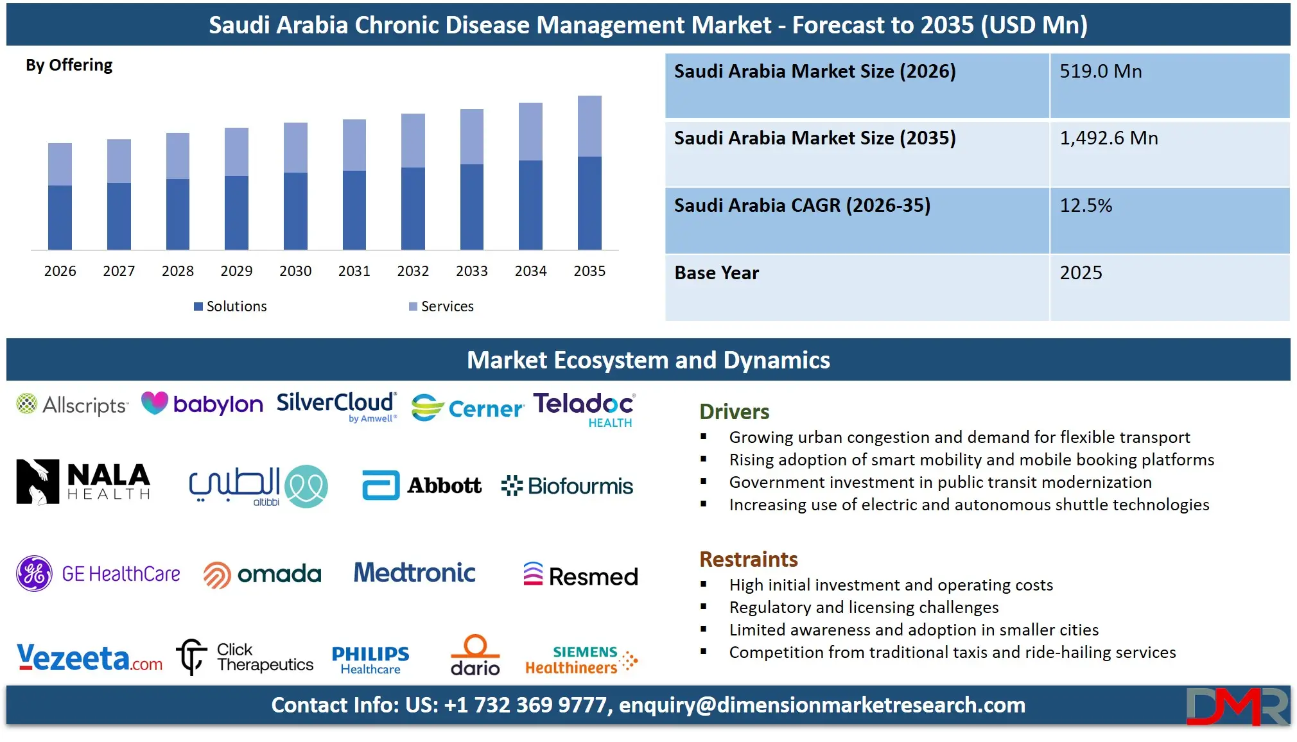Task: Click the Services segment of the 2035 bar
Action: pyautogui.click(x=589, y=126)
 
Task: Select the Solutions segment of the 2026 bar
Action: pyautogui.click(x=60, y=217)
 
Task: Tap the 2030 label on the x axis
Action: pyautogui.click(x=295, y=271)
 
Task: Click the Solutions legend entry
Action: pyautogui.click(x=231, y=306)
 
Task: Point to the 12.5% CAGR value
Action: pyautogui.click(x=1086, y=205)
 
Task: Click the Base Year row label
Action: pyautogui.click(x=717, y=273)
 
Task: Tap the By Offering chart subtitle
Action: pyautogui.click(x=69, y=65)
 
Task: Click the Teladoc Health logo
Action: pyautogui.click(x=584, y=410)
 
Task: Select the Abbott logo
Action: pyautogui.click(x=422, y=485)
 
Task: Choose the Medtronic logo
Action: pyautogui.click(x=415, y=573)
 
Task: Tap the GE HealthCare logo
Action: pyautogui.click(x=98, y=573)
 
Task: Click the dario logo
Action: pyautogui.click(x=475, y=655)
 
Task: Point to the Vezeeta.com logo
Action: pyautogui.click(x=89, y=658)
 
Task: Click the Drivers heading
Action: pyautogui.click(x=735, y=411)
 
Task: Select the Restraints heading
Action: pyautogui.click(x=749, y=559)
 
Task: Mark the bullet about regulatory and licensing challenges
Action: pyautogui.click(x=864, y=607)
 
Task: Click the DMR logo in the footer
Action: pyautogui.click(x=1237, y=706)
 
